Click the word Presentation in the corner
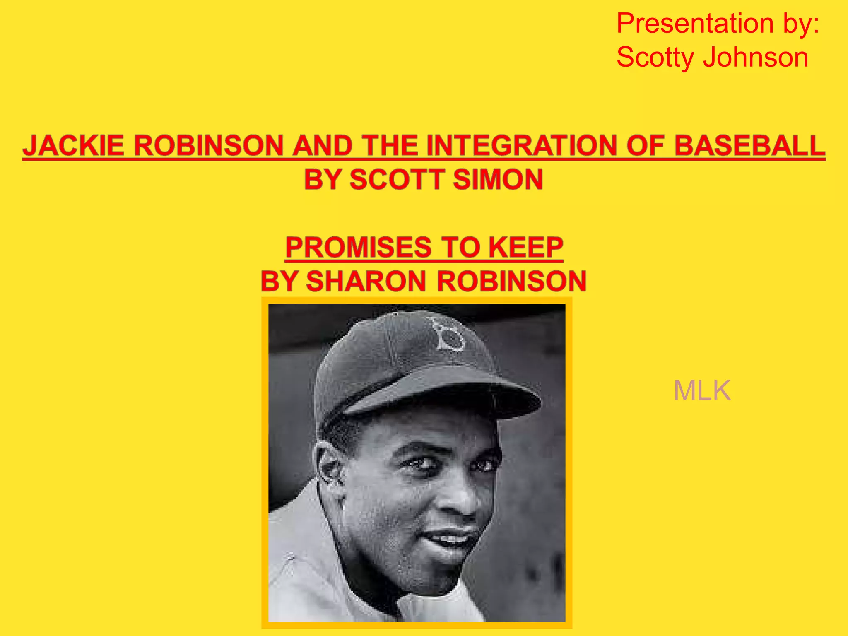click(x=695, y=24)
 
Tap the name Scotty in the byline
click(x=655, y=58)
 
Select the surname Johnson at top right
click(x=756, y=58)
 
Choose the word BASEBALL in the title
click(x=750, y=146)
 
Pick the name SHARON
click(x=366, y=281)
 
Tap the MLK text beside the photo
click(x=702, y=390)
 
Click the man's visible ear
click(x=329, y=462)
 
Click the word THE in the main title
click(x=390, y=146)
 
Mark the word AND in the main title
click(x=322, y=146)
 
